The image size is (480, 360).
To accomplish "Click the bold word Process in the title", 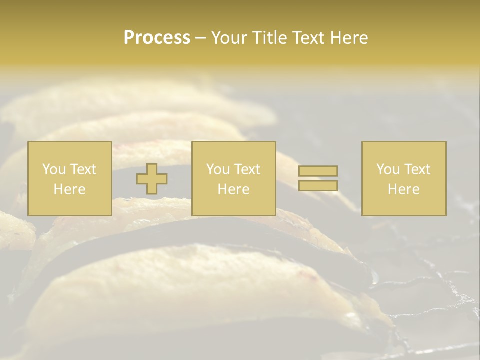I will point(157,38).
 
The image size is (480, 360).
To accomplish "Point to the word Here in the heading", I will point(350,38).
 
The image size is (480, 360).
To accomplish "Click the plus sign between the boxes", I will point(152,179).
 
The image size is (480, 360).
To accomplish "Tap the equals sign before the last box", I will point(318,178).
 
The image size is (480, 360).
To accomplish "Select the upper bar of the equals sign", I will point(318,171).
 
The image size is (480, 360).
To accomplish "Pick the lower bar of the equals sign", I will point(318,186).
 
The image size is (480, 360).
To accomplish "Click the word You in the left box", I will point(53,169).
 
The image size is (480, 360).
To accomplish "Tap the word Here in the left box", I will point(70,189).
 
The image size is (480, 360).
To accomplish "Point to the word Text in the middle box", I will point(247,169).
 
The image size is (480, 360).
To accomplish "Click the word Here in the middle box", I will point(234,189).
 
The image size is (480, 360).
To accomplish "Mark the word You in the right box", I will point(387,169).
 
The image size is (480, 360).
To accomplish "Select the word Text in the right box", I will point(417,169).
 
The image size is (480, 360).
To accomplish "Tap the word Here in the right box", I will point(404,189).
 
